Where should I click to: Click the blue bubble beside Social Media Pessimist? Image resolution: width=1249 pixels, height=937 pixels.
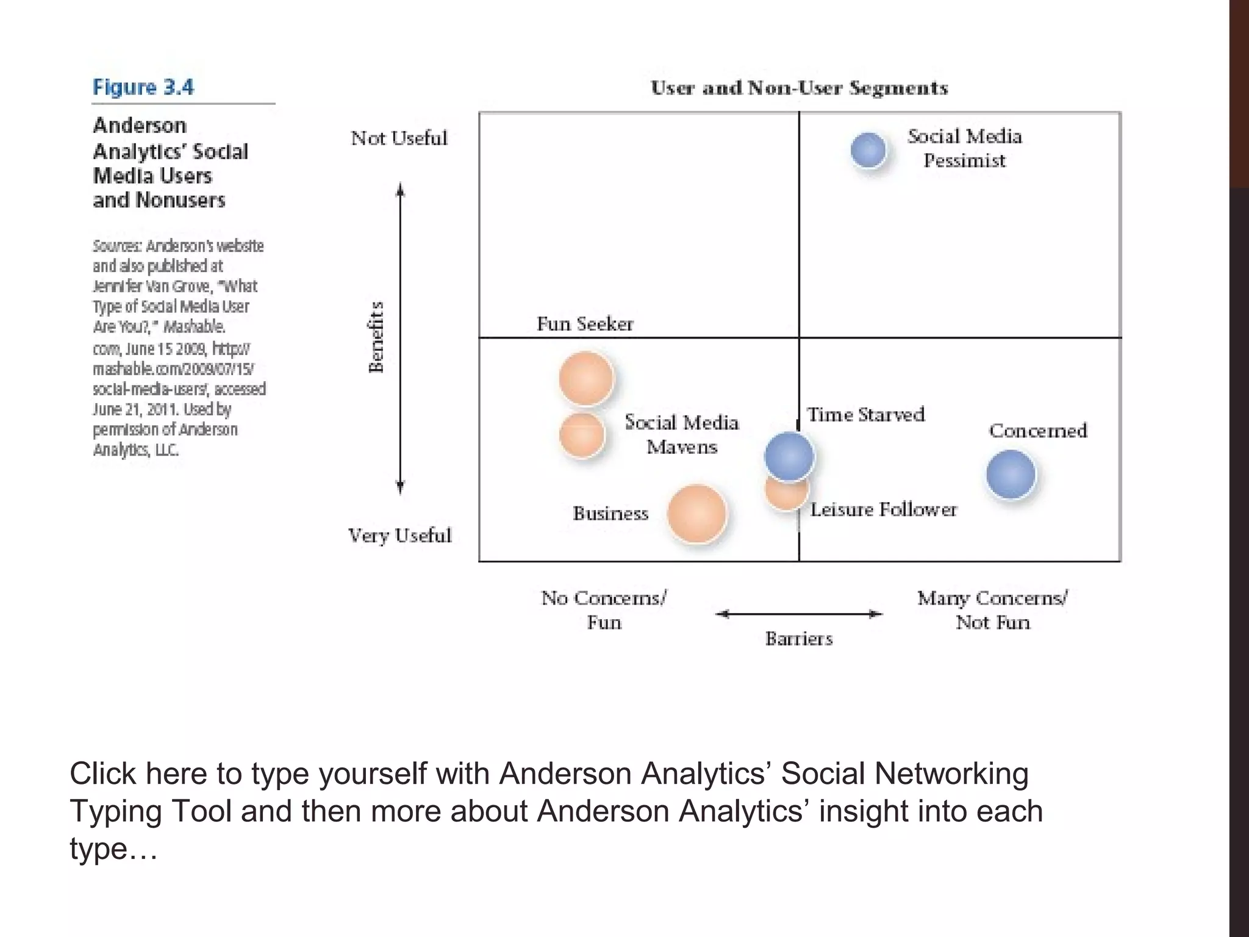pos(868,149)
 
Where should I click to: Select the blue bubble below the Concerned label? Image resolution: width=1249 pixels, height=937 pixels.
pos(1011,474)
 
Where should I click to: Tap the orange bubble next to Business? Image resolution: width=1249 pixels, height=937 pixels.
pos(696,514)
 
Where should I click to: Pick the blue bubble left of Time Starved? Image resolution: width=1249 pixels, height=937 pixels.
pos(789,456)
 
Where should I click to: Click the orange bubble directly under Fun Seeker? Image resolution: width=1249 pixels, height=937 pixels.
pos(586,378)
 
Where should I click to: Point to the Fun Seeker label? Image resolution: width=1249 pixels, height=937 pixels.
pos(585,323)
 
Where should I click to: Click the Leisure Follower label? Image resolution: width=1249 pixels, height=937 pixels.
pos(883,509)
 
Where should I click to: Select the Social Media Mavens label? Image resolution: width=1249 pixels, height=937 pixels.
pos(682,434)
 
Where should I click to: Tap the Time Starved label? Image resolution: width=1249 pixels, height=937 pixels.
pos(865,415)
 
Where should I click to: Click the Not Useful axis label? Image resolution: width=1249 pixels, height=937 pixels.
pos(399,138)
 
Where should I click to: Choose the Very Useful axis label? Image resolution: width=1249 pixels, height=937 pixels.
pos(399,536)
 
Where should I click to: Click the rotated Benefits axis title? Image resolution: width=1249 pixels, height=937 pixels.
pos(376,337)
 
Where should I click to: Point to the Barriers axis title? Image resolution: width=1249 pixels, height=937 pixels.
pos(799,639)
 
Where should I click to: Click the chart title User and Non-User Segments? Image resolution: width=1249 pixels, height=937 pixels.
pos(799,88)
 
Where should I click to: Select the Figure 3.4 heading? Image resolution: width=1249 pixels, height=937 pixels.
pos(143,87)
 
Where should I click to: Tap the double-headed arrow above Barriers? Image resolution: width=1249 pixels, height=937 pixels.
pos(799,614)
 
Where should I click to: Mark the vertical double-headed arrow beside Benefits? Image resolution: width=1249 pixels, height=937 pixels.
pos(400,339)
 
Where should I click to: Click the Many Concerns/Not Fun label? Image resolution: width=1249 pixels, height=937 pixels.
pos(992,610)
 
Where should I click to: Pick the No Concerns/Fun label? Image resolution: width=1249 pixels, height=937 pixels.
pos(604,610)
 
